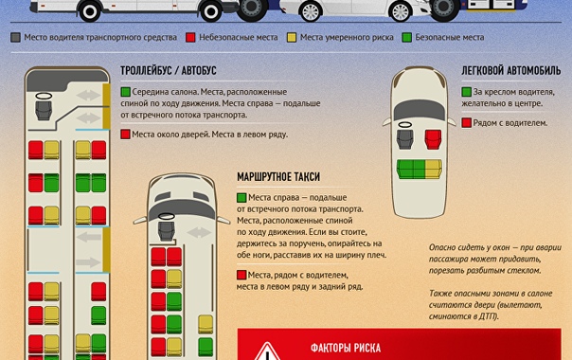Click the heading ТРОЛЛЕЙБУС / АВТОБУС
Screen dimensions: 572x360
169,70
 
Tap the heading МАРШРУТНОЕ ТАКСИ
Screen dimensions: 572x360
278,177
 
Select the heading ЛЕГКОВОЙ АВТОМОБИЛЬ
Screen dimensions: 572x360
511,70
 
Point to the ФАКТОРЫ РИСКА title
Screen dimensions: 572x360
346,348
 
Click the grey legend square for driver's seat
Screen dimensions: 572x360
16,37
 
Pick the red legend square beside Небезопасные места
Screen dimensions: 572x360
190,37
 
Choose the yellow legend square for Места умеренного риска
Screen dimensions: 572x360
292,37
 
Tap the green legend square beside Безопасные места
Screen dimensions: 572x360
407,37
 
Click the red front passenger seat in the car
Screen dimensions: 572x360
433,139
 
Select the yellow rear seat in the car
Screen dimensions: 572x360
434,169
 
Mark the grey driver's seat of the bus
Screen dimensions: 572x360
44,110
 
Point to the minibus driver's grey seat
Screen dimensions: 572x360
167,231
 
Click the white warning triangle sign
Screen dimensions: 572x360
267,351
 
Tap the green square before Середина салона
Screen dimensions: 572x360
126,92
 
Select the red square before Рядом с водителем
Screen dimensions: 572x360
466,122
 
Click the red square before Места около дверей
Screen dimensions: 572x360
126,135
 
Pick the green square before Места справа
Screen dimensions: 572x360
241,197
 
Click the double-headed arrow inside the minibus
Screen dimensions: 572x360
199,232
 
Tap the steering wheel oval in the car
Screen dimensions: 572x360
405,125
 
